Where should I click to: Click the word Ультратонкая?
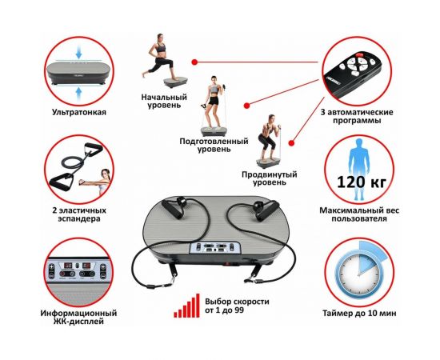[79, 113]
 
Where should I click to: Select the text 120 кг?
[362, 182]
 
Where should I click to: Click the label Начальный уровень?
[164, 102]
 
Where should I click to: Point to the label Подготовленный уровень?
[214, 145]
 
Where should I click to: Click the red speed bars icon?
[187, 306]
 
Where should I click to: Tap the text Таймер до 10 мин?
[359, 313]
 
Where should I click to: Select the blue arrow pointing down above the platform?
[79, 54]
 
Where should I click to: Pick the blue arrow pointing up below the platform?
[79, 93]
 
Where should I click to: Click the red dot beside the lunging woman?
[194, 62]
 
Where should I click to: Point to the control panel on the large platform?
[214, 248]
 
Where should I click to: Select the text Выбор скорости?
[237, 302]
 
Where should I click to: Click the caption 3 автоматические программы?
[357, 117]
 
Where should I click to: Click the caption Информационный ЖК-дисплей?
[78, 317]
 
